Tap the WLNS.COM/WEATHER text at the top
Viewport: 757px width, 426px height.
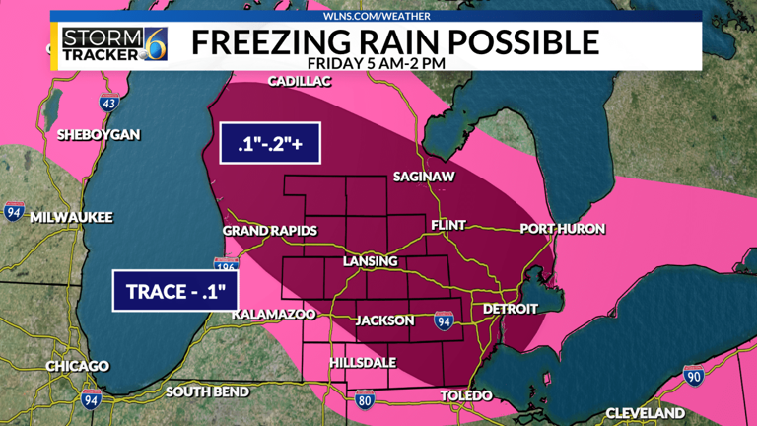click(378, 16)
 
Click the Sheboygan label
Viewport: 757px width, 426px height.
click(99, 134)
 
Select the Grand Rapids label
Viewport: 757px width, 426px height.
click(269, 230)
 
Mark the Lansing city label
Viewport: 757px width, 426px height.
click(370, 261)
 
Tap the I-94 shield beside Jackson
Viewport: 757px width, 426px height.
click(444, 320)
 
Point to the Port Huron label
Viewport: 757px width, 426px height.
click(563, 229)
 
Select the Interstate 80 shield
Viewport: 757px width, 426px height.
click(364, 400)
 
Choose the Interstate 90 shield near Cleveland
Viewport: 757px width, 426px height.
click(694, 375)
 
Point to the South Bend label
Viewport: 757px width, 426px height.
click(207, 391)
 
